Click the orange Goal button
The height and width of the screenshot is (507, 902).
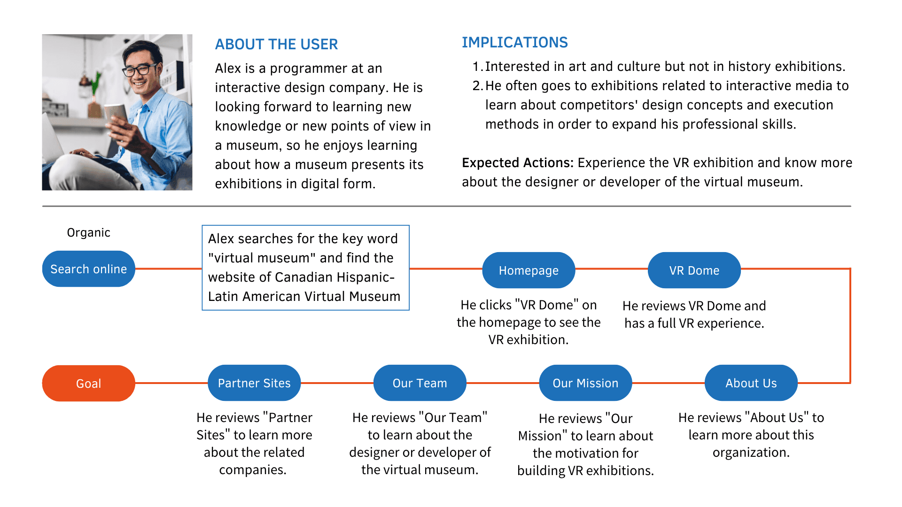[x=88, y=384]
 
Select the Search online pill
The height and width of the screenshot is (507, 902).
[x=88, y=269]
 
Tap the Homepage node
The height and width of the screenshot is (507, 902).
[x=529, y=270]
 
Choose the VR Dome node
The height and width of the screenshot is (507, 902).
[x=694, y=270]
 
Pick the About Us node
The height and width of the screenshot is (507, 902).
[x=751, y=383]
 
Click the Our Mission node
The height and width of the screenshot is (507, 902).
[x=585, y=383]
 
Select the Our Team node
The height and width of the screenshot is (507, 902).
[x=420, y=383]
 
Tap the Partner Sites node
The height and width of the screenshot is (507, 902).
[x=254, y=383]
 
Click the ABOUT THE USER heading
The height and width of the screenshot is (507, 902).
[x=276, y=44]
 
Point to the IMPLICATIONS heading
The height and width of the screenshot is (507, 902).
[x=514, y=42]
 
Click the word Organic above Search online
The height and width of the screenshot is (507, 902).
[x=88, y=232]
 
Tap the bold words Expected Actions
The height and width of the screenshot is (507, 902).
[x=517, y=163]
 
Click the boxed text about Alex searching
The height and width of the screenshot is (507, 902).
[x=305, y=268]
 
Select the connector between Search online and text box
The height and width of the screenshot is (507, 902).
[x=168, y=269]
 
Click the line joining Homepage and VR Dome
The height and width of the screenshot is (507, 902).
[x=611, y=269]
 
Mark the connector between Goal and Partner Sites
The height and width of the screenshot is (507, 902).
[x=171, y=383]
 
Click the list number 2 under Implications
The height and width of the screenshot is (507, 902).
[x=477, y=86]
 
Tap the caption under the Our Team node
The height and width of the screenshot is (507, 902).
[x=420, y=443]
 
